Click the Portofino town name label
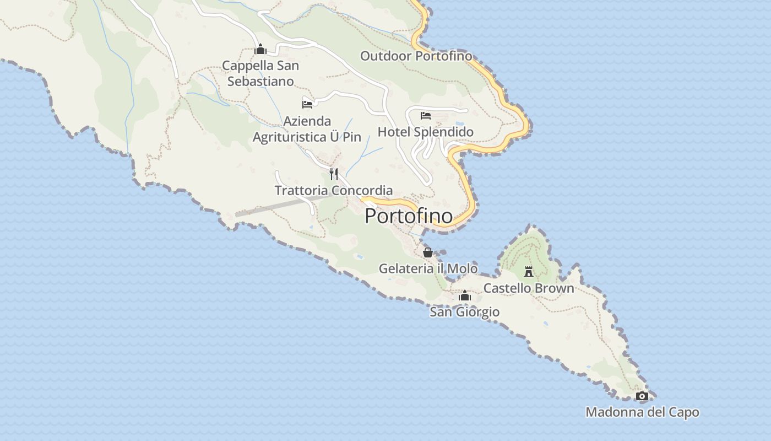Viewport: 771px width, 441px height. pos(409,216)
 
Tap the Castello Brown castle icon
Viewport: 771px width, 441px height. pos(529,271)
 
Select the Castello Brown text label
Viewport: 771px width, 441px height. pos(529,288)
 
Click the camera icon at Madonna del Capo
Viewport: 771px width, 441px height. pos(642,396)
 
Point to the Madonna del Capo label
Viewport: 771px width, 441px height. pos(642,412)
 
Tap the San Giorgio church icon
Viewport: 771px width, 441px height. pos(465,296)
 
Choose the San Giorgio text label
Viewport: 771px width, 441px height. pos(465,312)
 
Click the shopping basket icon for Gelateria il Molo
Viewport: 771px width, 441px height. pos(428,252)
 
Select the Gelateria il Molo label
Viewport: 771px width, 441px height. pos(428,268)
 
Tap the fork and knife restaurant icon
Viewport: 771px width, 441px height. pos(333,174)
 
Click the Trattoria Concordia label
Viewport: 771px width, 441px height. pos(334,191)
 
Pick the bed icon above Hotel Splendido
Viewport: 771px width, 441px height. pos(425,116)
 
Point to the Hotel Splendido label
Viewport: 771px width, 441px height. pos(425,132)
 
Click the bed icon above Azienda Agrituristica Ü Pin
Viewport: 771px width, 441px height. pos(307,104)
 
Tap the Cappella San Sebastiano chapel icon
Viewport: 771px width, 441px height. pos(260,50)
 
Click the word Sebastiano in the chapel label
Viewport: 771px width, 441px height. pos(260,82)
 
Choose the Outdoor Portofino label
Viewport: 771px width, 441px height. pos(416,56)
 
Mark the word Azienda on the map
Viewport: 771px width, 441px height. pos(307,121)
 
